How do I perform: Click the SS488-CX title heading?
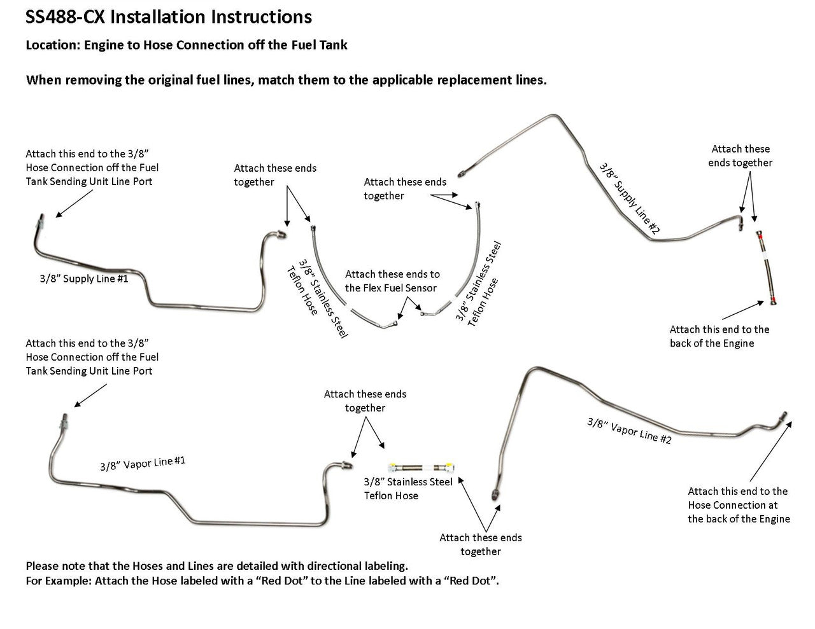[x=169, y=17]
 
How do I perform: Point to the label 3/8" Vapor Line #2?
[x=628, y=431]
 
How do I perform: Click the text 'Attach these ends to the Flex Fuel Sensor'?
[x=392, y=281]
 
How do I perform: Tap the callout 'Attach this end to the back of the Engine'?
[x=719, y=336]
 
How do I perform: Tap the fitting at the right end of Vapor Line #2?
[x=783, y=417]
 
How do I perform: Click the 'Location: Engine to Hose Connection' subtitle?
[x=186, y=45]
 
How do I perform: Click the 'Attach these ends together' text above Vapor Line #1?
[x=365, y=401]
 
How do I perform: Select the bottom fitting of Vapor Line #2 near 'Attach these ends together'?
[x=495, y=494]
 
